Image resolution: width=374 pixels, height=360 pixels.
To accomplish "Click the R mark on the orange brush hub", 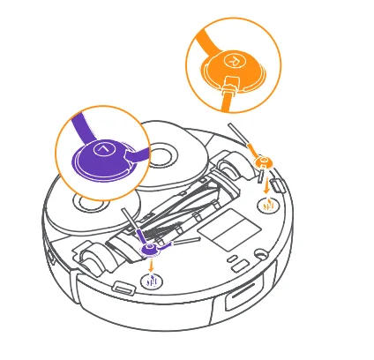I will point(235,61).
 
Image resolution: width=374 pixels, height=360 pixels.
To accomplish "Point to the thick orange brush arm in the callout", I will point(212,40).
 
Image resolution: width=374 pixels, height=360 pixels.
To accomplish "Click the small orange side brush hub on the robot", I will point(263,162).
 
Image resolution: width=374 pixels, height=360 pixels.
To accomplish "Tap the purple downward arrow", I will point(152,266).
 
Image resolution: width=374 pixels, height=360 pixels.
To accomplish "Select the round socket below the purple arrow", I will point(152,283).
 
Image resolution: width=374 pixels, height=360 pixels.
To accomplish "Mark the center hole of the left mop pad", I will point(91,203).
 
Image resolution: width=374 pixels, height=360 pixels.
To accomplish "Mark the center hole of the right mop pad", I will point(163,155).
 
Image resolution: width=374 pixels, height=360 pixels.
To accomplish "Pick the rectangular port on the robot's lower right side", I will point(238,297).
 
